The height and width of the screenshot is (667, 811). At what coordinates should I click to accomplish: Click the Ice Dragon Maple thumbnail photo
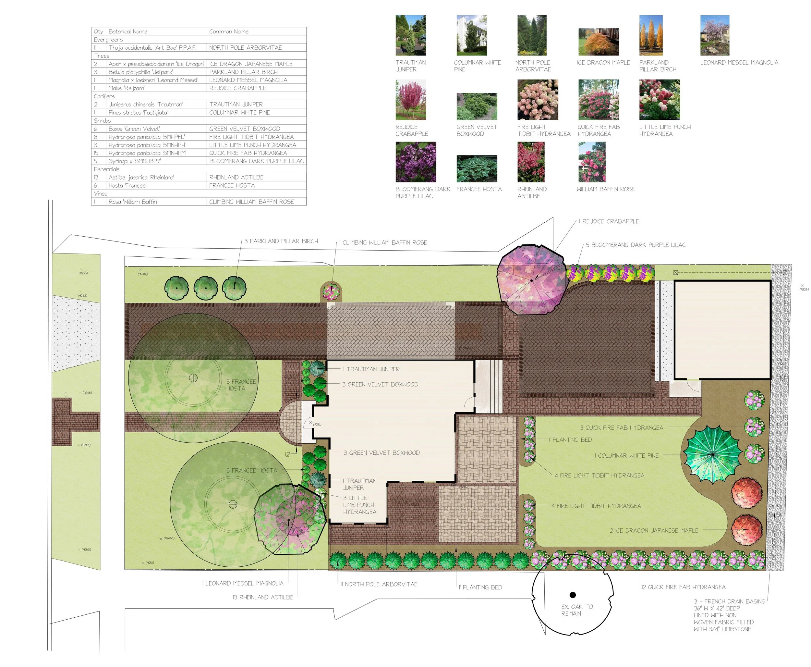point(598,42)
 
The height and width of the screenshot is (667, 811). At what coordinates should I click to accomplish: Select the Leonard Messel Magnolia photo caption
point(739,62)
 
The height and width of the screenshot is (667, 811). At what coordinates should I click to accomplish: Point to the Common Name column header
point(229,31)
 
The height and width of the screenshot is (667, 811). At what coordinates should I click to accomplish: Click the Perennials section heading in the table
point(107,169)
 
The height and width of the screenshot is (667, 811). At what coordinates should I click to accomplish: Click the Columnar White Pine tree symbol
point(713,454)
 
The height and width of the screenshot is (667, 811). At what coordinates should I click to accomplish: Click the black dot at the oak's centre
point(573,595)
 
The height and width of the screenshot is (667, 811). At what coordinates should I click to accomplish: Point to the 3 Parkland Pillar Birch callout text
point(281,241)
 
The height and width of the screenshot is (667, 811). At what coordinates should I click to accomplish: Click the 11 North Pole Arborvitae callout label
point(379,584)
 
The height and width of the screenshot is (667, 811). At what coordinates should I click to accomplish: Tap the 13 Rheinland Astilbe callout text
point(263,597)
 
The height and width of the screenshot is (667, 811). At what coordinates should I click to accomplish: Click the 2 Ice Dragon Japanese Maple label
point(654,530)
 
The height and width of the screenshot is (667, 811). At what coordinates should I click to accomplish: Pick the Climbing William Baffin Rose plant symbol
point(331,292)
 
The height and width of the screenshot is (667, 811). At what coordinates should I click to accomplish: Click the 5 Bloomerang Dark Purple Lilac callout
point(635,245)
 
